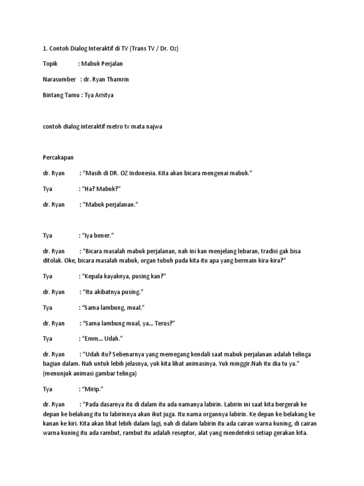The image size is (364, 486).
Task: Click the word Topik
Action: [50, 64]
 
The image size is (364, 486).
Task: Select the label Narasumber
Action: [59, 79]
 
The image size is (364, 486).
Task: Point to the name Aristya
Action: [104, 95]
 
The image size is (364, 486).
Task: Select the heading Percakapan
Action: [58, 157]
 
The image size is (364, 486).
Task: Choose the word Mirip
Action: [93, 389]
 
